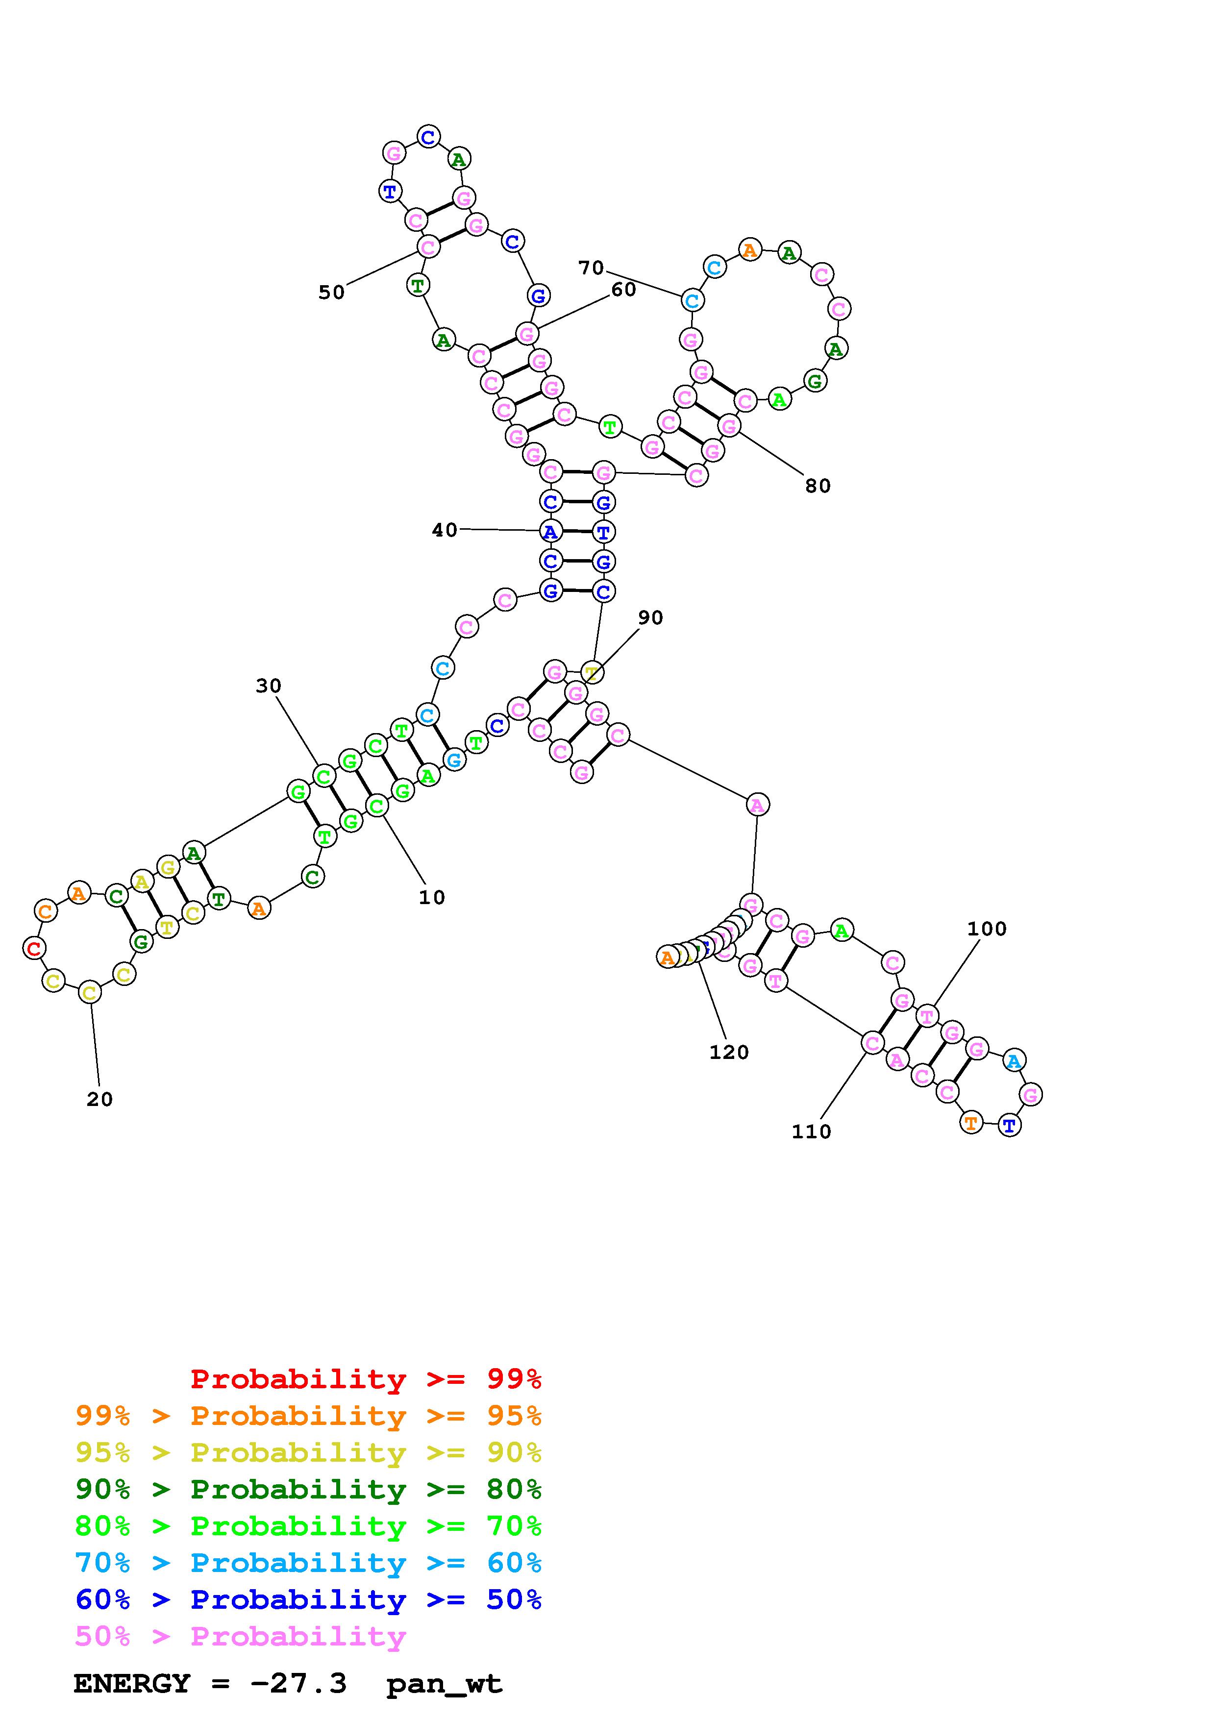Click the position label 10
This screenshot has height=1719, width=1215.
(x=432, y=898)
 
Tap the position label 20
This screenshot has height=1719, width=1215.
(x=99, y=1100)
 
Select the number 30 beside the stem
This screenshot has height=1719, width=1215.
(x=269, y=686)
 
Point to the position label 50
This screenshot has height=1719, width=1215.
(x=332, y=293)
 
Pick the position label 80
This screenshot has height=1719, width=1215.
(x=818, y=486)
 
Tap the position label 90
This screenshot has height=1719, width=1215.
(x=650, y=617)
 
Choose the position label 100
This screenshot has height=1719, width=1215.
(x=987, y=929)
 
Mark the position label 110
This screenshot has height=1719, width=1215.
(x=812, y=1132)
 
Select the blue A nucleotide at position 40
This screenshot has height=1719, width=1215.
(x=551, y=532)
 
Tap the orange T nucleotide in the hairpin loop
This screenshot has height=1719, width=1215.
(x=971, y=1123)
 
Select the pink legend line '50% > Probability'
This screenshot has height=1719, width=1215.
(x=240, y=1637)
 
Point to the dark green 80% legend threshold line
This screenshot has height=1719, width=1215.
(x=308, y=1490)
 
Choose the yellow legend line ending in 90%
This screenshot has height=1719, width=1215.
(x=308, y=1453)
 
